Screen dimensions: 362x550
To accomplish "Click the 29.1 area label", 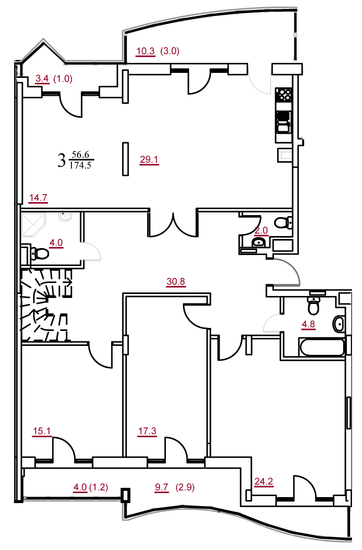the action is (x=149, y=160).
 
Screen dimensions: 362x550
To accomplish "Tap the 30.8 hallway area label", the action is (x=175, y=281).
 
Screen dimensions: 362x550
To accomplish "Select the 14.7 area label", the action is (x=38, y=198).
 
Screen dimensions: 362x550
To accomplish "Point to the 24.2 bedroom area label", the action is (x=263, y=481).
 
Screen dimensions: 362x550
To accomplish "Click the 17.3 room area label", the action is (x=147, y=431).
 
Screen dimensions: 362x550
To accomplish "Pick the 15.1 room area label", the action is (x=41, y=431).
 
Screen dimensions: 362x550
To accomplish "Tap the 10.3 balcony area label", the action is (x=145, y=51).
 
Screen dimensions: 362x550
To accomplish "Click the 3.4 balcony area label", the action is (x=42, y=78).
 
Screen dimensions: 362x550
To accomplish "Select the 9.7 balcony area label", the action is (x=161, y=487).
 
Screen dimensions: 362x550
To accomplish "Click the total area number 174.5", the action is (x=80, y=165).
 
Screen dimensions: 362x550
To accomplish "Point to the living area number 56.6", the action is (x=80, y=155).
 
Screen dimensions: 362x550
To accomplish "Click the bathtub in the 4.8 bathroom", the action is (x=321, y=347).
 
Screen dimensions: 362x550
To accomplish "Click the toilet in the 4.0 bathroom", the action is (x=39, y=253).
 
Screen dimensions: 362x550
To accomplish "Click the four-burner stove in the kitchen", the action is (x=284, y=94).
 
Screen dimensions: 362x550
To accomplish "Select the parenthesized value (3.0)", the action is (x=170, y=51).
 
